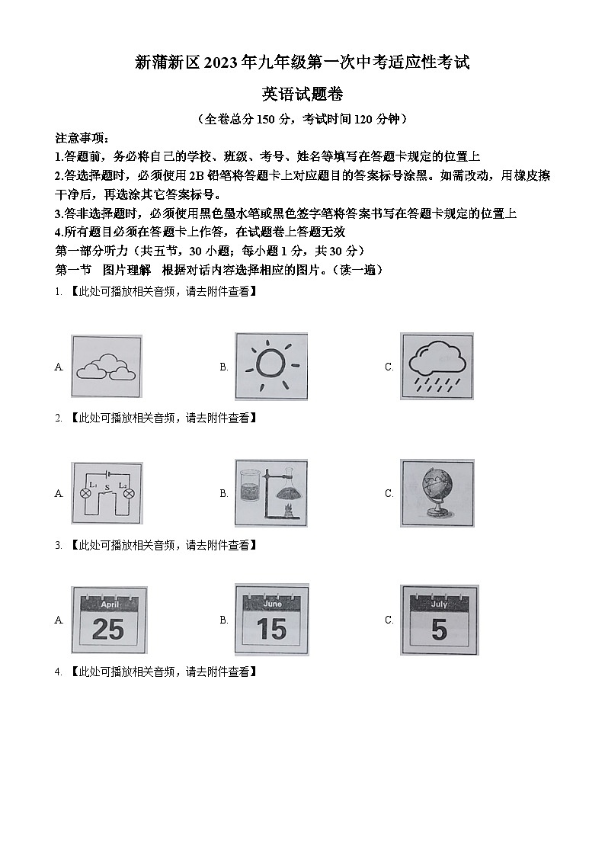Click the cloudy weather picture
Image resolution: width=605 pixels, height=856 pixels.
tap(106, 367)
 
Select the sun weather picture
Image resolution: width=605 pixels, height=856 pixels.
tap(271, 366)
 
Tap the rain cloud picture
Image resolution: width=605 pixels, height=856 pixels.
tap(437, 366)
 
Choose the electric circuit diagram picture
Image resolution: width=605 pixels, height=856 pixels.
tap(106, 493)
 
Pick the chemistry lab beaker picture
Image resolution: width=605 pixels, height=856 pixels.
tap(271, 492)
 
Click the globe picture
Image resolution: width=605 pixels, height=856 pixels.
tap(437, 492)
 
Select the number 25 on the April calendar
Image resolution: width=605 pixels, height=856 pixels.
tap(107, 629)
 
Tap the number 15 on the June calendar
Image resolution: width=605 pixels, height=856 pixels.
tap(271, 629)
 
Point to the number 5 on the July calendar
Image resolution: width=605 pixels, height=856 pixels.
tap(439, 630)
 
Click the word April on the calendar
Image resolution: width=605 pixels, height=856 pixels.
tap(110, 604)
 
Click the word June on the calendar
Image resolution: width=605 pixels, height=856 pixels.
tap(272, 603)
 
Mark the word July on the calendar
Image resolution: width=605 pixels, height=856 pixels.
tap(439, 604)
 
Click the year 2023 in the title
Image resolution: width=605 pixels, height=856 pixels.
tap(220, 63)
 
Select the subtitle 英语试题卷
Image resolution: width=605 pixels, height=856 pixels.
tap(302, 94)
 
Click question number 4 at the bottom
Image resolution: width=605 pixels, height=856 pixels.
tap(58, 672)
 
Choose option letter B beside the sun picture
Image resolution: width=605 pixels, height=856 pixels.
tap(224, 367)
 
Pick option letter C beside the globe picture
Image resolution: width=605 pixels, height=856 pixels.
tap(389, 493)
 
